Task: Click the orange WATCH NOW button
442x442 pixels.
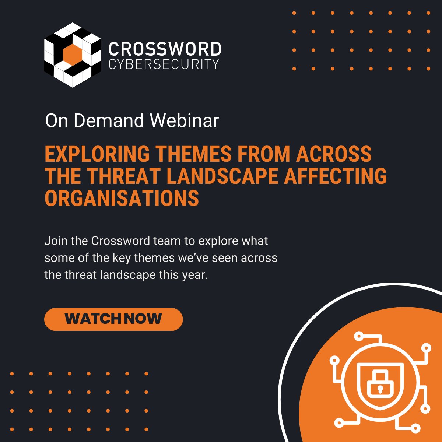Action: click(113, 319)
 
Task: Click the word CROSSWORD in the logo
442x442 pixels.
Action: click(165, 49)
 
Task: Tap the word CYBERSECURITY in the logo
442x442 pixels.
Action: click(164, 64)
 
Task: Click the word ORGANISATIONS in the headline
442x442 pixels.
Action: click(122, 199)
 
